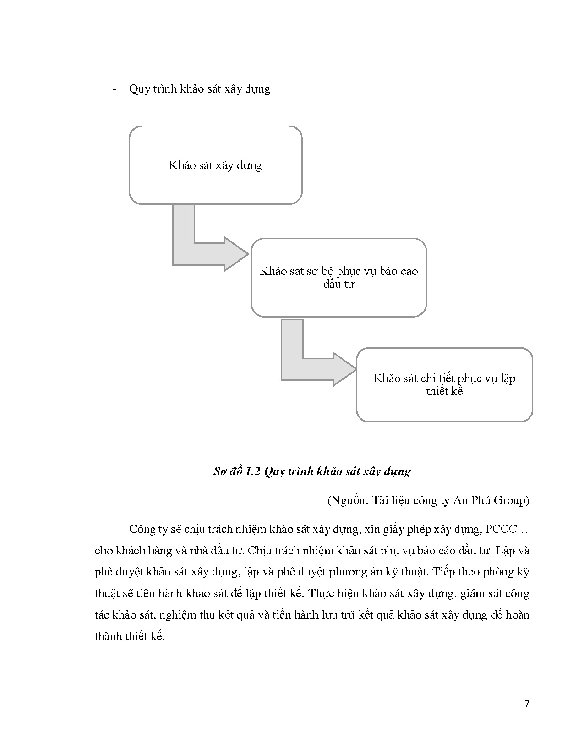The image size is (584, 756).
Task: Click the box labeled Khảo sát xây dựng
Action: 215,165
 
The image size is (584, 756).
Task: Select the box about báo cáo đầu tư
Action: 338,277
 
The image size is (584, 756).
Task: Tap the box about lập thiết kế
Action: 444,384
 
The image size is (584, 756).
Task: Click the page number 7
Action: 527,703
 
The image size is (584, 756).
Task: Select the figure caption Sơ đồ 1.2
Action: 312,471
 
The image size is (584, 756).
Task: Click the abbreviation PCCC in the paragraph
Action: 500,529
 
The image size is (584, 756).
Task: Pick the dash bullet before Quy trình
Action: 115,89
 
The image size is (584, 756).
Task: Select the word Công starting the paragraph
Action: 142,529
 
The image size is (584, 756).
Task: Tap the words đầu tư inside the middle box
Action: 338,284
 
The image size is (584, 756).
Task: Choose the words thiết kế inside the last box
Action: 444,391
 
